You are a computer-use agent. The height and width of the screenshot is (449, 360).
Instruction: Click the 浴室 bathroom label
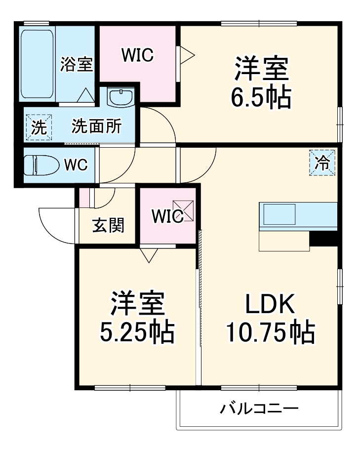(77, 65)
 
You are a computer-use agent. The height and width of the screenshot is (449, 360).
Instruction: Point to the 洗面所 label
(96, 127)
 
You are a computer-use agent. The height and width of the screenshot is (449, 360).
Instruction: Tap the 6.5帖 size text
(261, 98)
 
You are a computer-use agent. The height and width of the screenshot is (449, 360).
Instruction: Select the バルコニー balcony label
(259, 409)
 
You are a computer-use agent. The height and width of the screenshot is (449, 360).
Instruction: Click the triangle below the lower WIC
(148, 254)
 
